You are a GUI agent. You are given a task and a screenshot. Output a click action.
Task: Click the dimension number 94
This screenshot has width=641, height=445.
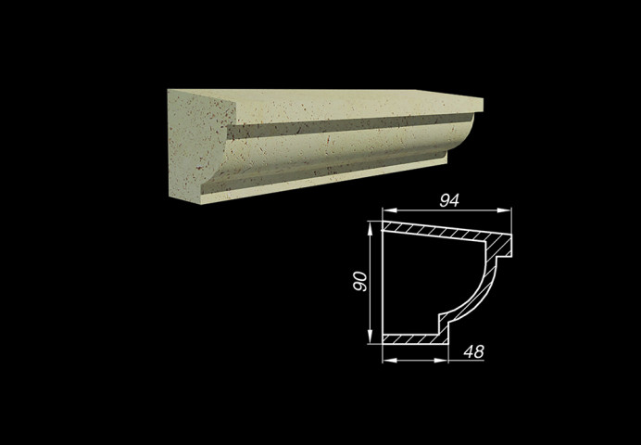[x=449, y=201]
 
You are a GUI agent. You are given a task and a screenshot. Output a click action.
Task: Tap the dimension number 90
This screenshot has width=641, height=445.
[x=360, y=282]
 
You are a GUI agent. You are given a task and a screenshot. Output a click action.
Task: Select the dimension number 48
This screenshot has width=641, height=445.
[x=473, y=351]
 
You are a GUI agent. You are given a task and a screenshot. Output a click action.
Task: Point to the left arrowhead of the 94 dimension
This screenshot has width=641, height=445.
[x=390, y=210]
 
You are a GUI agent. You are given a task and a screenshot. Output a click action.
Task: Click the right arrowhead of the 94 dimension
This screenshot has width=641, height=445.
[x=504, y=210]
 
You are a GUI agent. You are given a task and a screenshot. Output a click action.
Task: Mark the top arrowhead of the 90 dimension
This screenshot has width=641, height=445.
[x=370, y=229]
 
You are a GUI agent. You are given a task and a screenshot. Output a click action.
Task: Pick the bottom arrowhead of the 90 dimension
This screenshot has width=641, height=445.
[x=370, y=337]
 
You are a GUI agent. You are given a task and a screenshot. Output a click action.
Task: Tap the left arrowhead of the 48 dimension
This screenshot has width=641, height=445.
[x=390, y=361]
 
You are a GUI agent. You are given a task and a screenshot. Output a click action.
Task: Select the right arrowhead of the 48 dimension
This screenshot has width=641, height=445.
[x=441, y=361]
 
